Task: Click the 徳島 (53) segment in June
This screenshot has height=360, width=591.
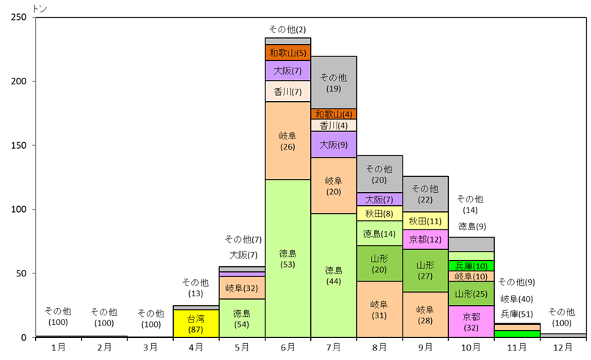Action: tap(287, 258)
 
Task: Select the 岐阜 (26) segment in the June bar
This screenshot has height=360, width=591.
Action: tap(287, 141)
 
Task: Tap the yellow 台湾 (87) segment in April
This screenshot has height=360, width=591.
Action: tap(196, 323)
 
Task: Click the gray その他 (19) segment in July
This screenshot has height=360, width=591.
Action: tap(334, 82)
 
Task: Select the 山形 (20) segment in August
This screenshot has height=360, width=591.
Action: tap(380, 263)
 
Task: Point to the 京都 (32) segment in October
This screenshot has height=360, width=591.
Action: tap(471, 322)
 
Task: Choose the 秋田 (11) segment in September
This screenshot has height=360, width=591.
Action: tap(425, 221)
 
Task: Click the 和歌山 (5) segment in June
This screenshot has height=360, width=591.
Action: tap(287, 53)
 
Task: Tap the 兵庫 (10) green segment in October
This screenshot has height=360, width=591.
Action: tap(471, 265)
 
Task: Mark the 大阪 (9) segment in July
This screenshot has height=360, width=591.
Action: tap(334, 144)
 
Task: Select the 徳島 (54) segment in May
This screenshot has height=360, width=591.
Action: tap(241, 318)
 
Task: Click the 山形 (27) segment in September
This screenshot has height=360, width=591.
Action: tap(425, 270)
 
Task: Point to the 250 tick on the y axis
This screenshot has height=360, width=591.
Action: tap(21, 17)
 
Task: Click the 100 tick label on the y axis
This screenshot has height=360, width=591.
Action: tap(21, 210)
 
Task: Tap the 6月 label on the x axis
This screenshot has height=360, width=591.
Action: tap(287, 347)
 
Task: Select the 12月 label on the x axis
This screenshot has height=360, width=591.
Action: tap(563, 347)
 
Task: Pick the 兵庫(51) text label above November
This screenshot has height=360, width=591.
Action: tap(517, 313)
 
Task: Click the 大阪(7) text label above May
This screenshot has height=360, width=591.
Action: tap(243, 255)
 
